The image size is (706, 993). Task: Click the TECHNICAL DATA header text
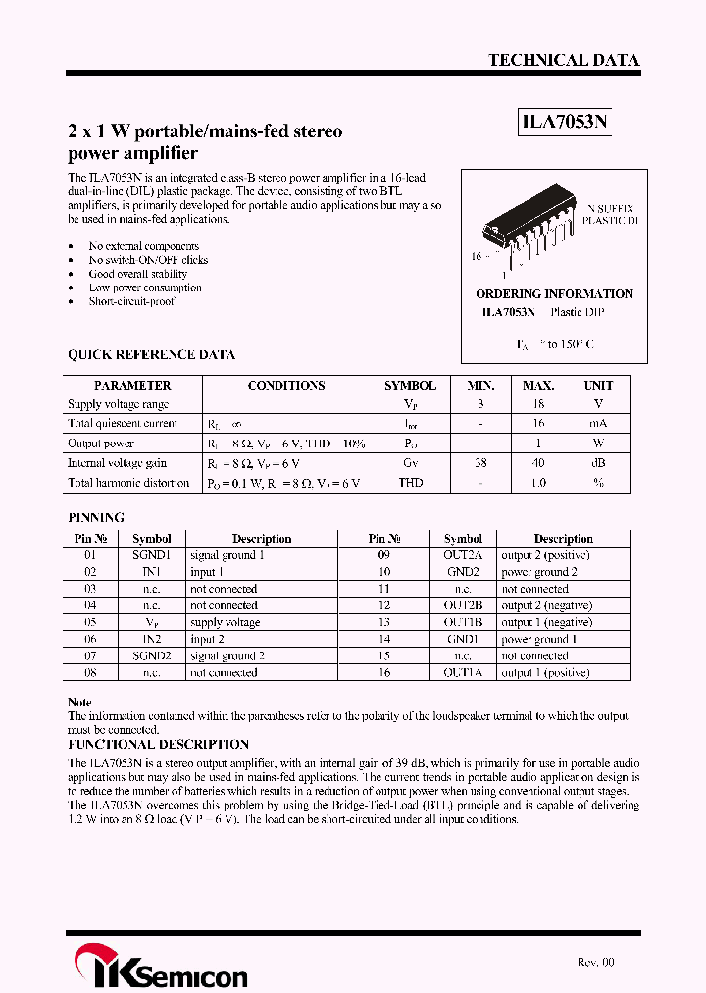click(564, 61)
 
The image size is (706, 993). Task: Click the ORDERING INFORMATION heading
click(554, 294)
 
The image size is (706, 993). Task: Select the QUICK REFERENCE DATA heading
click(151, 355)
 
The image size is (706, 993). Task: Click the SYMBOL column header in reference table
click(410, 386)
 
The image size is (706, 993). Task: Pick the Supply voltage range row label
click(118, 404)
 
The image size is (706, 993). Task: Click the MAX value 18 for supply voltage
click(538, 404)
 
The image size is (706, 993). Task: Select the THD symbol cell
click(410, 483)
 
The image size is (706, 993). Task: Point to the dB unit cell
click(598, 463)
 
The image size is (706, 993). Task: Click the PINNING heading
click(96, 517)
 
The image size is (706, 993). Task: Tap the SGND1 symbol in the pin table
click(152, 555)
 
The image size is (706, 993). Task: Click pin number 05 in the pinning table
click(90, 622)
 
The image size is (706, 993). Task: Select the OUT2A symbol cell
click(463, 555)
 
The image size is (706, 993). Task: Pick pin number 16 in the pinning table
click(384, 673)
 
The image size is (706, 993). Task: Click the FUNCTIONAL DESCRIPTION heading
click(158, 745)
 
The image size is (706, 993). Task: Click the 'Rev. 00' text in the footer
click(595, 963)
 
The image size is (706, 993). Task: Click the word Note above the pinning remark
click(79, 703)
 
